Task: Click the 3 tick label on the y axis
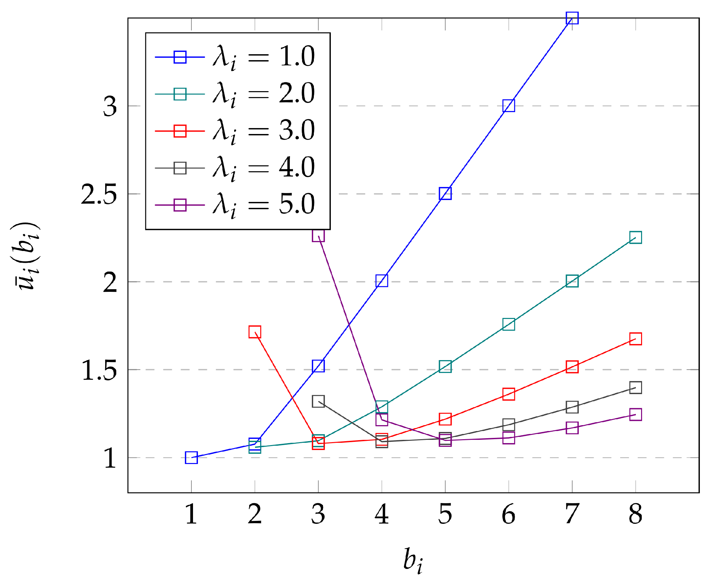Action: [x=110, y=107]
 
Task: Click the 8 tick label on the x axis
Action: [x=635, y=514]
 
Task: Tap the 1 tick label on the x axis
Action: [x=191, y=514]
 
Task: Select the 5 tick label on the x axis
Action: [x=445, y=514]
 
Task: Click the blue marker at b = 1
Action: [x=191, y=457]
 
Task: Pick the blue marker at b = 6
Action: [x=508, y=106]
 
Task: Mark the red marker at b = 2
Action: [x=255, y=332]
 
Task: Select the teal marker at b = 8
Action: [x=635, y=237]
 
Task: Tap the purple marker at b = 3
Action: [x=318, y=236]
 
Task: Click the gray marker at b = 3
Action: [x=318, y=401]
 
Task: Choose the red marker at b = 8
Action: [x=635, y=339]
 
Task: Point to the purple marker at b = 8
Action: [x=635, y=415]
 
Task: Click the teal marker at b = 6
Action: [x=508, y=324]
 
